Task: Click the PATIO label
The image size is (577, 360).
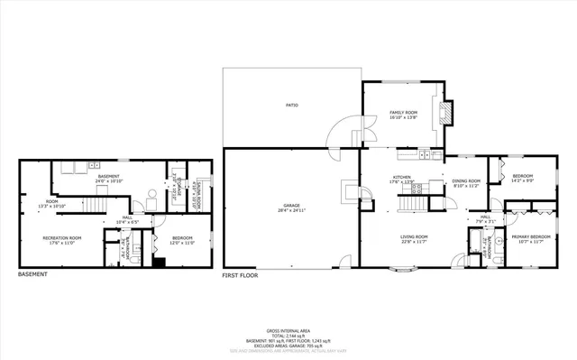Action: point(291,106)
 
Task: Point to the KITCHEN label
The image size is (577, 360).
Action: point(401,179)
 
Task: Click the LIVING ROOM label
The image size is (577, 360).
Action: point(414,239)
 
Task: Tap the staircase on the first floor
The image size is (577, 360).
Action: point(412,203)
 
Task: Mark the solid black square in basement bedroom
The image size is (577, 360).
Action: point(159,263)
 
